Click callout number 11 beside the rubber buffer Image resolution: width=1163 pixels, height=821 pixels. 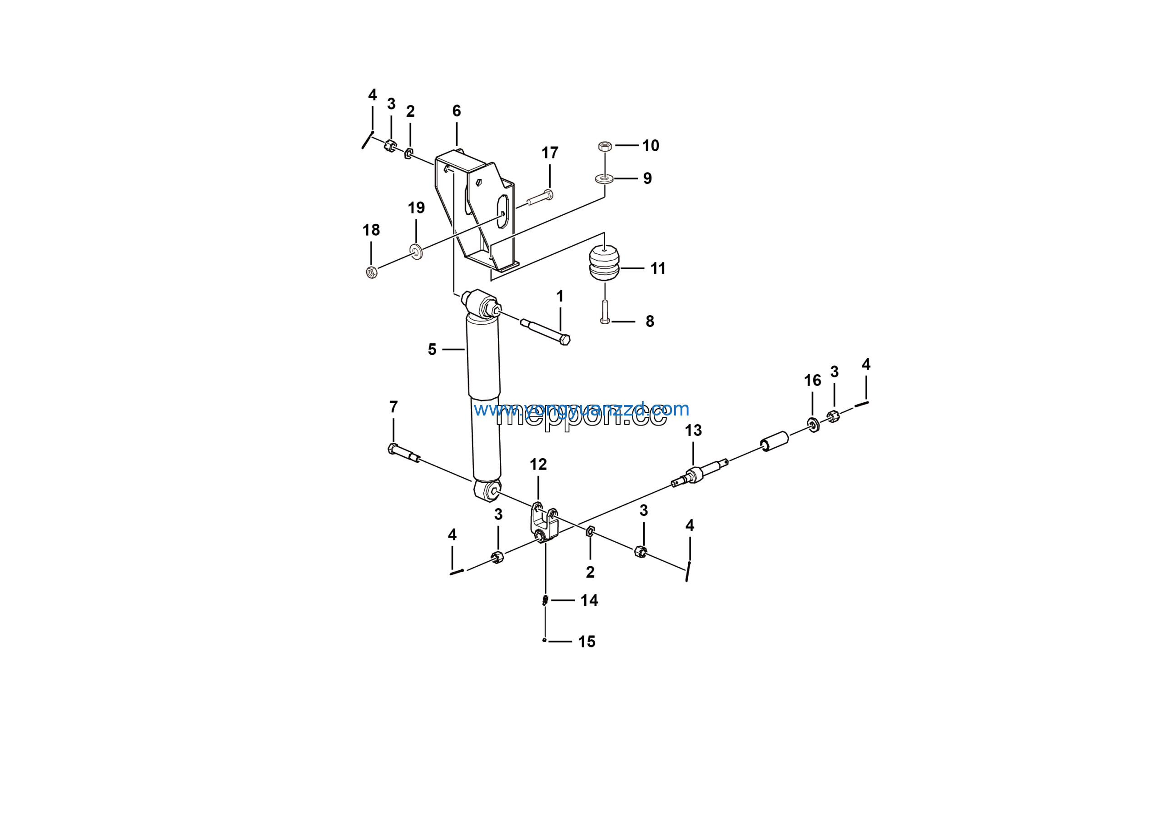[657, 268]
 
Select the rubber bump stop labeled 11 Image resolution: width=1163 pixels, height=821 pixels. [604, 263]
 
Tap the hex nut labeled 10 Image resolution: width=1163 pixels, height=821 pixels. [604, 146]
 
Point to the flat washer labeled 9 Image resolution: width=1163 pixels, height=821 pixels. [604, 178]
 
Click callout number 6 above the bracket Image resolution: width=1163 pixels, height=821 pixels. [457, 111]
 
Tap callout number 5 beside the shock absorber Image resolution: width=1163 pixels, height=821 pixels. [432, 349]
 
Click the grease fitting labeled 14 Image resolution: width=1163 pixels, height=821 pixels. [545, 600]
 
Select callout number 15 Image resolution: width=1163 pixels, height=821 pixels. [586, 641]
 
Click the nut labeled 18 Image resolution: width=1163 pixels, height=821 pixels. [371, 272]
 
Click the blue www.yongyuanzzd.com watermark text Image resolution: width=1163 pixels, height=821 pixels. [581, 409]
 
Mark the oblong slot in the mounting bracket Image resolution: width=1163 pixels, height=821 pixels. [502, 211]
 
